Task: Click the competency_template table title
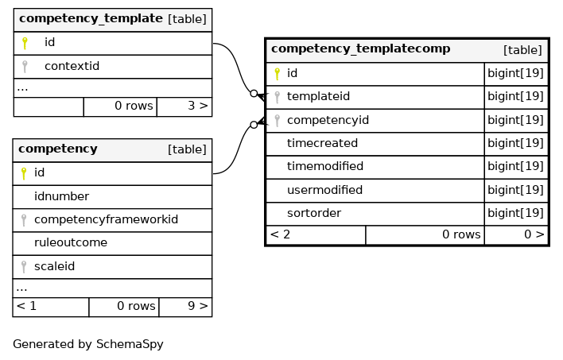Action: [91, 18]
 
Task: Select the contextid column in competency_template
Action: [72, 66]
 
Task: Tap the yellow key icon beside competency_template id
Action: [25, 43]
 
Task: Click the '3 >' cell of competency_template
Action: [198, 106]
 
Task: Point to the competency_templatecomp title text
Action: [360, 48]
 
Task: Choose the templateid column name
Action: [318, 96]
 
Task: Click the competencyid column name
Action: [328, 120]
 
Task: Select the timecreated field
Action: [322, 143]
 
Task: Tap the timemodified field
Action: [325, 166]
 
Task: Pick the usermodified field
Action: [324, 190]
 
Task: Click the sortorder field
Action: [314, 213]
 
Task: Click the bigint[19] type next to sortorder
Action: [515, 213]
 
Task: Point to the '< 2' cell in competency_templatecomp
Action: [280, 234]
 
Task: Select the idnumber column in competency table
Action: [61, 196]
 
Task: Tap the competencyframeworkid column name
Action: [106, 219]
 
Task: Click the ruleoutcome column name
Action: [70, 242]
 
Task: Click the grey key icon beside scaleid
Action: [24, 267]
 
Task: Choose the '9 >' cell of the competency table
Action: [198, 306]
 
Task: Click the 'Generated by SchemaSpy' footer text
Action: [88, 344]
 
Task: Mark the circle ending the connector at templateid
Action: [254, 94]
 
